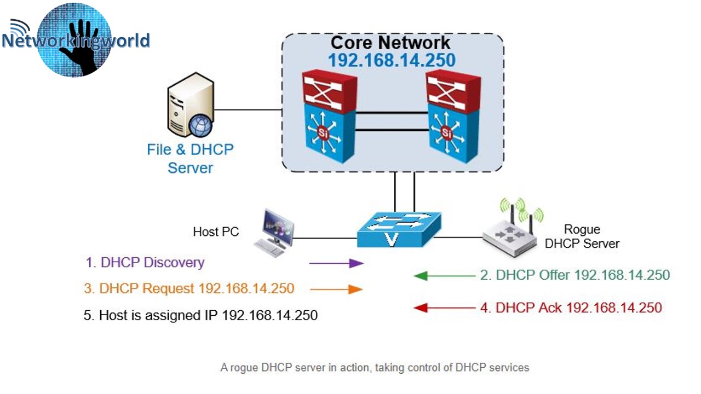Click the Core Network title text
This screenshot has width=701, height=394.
point(390,43)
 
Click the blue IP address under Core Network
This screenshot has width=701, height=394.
point(392,60)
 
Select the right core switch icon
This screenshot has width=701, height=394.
point(454,117)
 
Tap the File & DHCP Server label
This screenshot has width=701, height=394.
point(190,158)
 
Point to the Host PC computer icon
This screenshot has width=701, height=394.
point(274,233)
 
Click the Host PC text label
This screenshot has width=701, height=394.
point(216,232)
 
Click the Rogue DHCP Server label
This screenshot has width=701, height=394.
point(582,236)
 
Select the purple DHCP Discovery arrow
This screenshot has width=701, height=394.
point(336,263)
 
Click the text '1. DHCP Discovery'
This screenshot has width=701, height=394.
point(145,262)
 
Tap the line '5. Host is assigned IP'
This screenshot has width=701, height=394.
point(200,315)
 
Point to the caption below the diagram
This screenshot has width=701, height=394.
point(375,367)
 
